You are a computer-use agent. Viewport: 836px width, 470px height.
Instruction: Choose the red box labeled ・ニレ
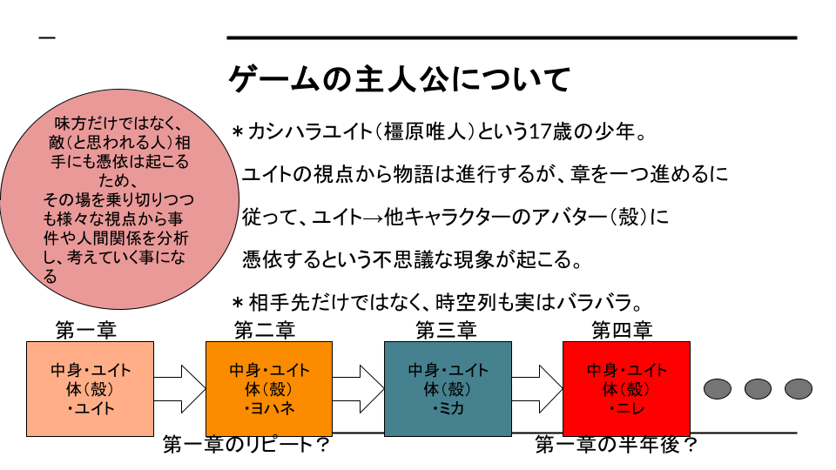point(627,389)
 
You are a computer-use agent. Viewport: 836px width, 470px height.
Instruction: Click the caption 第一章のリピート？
point(246,446)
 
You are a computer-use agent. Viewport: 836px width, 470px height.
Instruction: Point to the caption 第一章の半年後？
point(617,446)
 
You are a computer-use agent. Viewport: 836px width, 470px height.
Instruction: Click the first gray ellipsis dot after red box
point(718,388)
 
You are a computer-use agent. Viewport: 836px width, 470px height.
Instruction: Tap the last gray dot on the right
point(798,388)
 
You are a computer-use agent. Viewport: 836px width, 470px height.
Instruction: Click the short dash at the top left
point(47,37)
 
